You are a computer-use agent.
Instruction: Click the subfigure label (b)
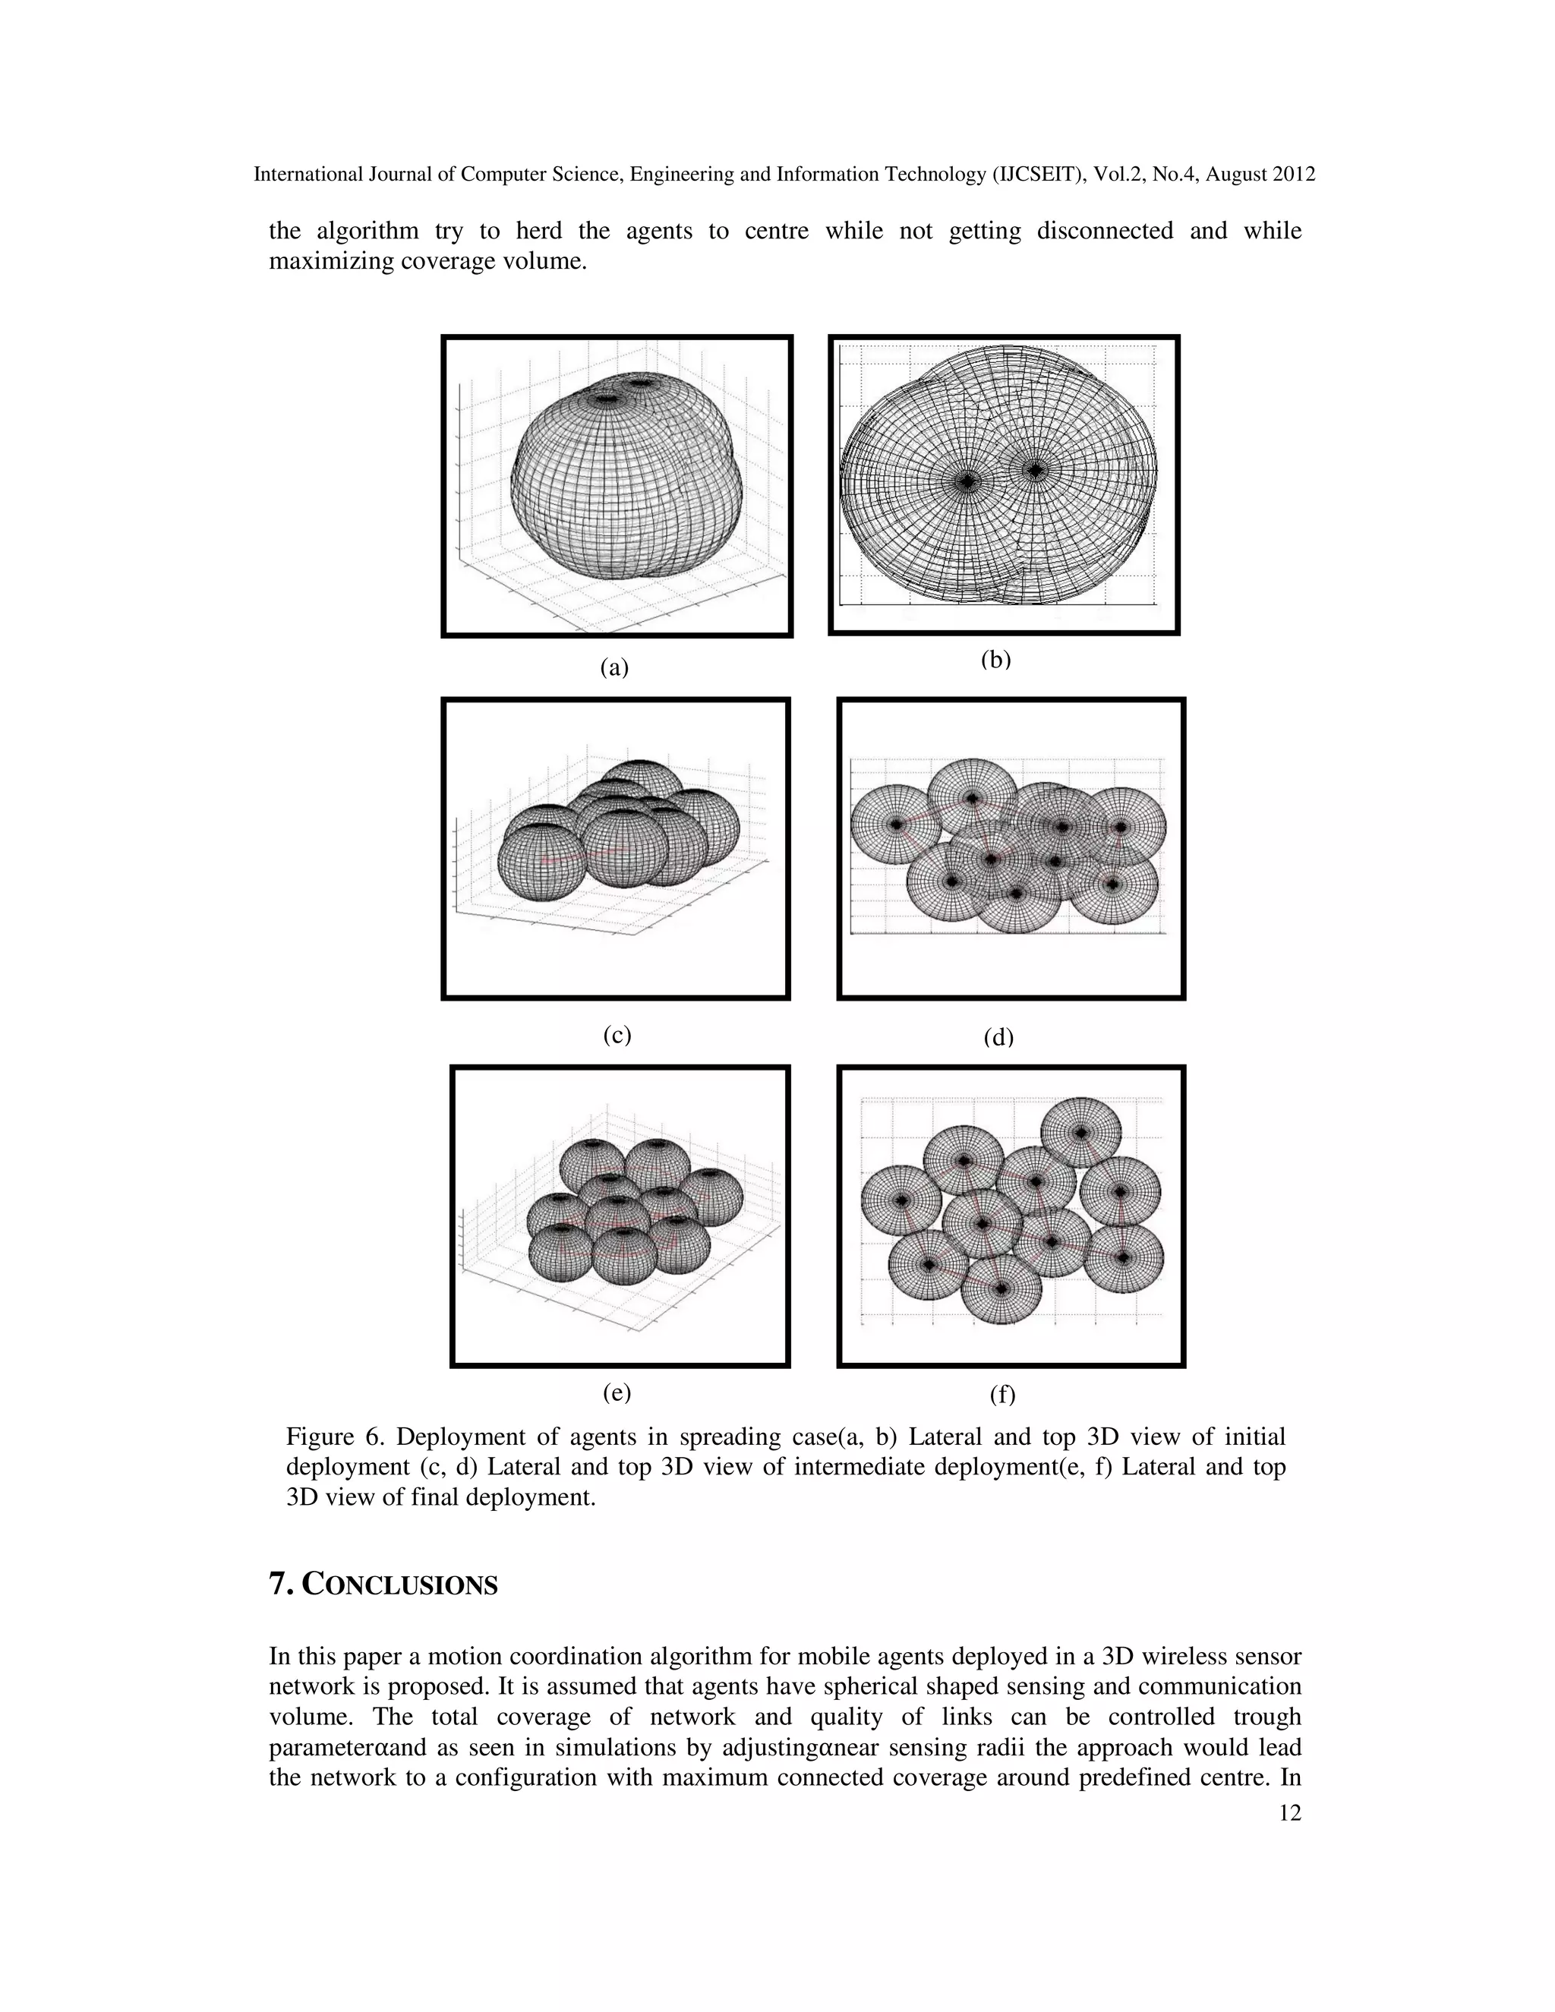coord(996,660)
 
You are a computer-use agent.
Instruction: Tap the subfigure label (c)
coord(617,1035)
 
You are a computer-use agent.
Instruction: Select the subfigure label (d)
coord(998,1037)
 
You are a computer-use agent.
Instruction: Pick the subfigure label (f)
coord(1002,1395)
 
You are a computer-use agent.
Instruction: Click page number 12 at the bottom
coord(1290,1813)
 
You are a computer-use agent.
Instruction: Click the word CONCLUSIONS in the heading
coord(400,1585)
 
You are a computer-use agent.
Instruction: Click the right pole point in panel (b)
coord(1037,470)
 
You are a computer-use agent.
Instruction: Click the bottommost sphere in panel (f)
coord(1002,1288)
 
